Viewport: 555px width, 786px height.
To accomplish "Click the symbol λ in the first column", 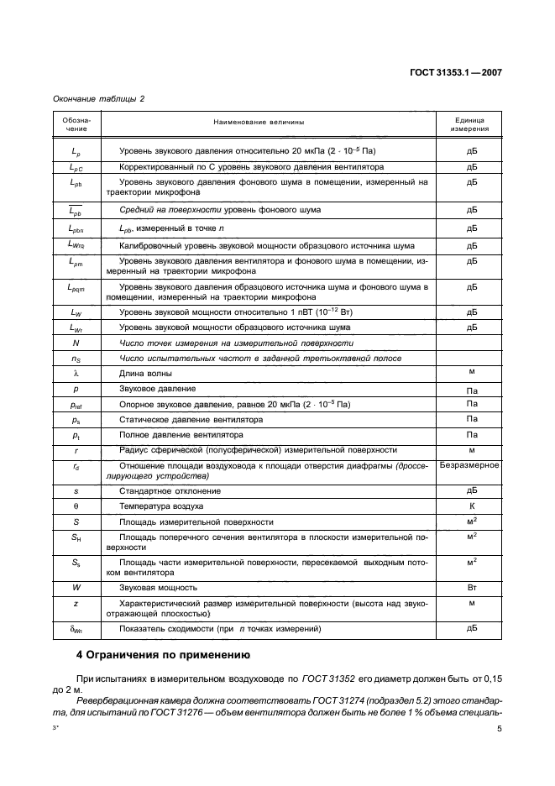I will click(76, 373).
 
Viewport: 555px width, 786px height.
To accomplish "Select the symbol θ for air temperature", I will click(76, 506).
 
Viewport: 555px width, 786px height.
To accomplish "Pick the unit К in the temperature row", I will click(471, 506).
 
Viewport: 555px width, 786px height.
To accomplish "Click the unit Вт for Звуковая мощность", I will click(471, 588).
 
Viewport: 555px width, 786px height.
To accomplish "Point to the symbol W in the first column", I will click(76, 588).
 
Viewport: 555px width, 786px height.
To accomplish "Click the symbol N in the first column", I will click(76, 343).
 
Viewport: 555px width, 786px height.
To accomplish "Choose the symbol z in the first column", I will click(76, 604).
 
